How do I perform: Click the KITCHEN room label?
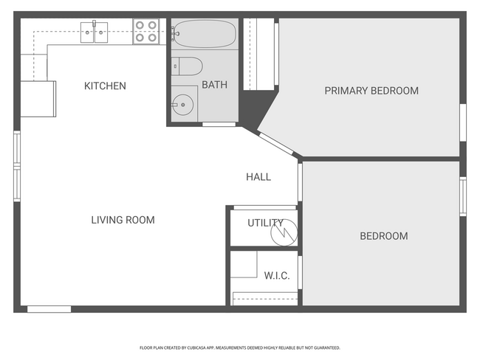coord(105,86)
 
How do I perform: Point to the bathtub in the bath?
coord(205,34)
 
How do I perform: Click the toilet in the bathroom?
coord(188,66)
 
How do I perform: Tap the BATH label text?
coord(214,86)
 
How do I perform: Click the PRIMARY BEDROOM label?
coord(371,91)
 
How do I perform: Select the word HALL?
coord(258,177)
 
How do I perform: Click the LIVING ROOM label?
coord(123,220)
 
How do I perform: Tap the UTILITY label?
coord(265,223)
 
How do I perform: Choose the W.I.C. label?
coord(277,276)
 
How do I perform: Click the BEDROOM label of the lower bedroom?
coord(383,236)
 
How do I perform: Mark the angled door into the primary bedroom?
coord(277,144)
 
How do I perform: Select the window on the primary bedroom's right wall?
coord(463,122)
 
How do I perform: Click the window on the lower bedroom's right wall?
coord(463,196)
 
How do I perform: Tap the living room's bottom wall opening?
coord(49,309)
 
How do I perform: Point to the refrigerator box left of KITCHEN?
coord(38,98)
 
